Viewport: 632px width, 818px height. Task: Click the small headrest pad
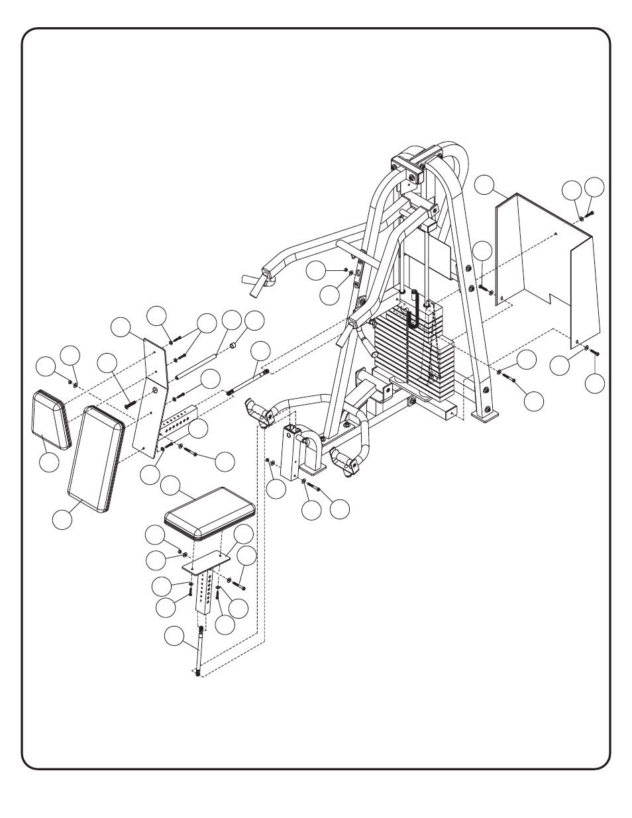(50, 418)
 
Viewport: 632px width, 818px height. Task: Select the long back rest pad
(95, 459)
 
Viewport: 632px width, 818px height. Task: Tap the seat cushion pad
(210, 511)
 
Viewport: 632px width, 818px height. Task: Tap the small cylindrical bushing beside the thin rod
(233, 346)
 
